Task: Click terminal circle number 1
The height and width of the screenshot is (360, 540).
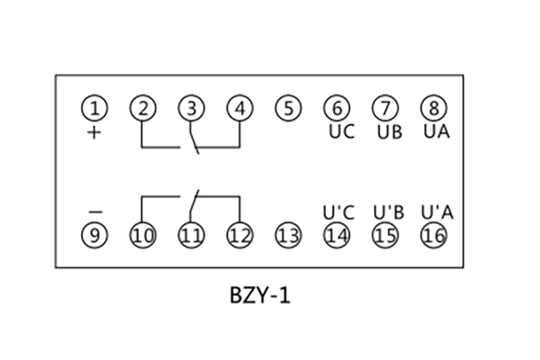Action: click(x=94, y=109)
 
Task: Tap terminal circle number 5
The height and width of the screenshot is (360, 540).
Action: click(x=287, y=109)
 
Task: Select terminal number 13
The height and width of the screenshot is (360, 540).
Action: click(x=287, y=237)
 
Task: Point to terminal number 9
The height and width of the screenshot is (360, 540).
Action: click(x=94, y=237)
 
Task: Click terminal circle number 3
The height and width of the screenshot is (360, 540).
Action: click(x=190, y=109)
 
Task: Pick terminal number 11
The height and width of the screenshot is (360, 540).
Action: click(x=190, y=237)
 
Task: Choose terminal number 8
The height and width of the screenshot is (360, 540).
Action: click(x=434, y=109)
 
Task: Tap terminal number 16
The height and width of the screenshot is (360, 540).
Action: click(x=434, y=237)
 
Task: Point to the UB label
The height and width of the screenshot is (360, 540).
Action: click(x=389, y=131)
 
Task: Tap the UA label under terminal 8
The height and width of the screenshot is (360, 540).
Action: click(x=436, y=131)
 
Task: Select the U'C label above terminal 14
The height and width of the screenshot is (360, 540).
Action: click(x=338, y=213)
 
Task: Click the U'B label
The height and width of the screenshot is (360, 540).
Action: click(x=387, y=213)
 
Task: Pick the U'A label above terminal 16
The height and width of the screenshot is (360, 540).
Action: click(x=436, y=213)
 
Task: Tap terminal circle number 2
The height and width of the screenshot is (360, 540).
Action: click(x=142, y=109)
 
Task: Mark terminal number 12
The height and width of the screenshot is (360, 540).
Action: click(x=238, y=237)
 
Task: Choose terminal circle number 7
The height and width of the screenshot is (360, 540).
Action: click(x=385, y=109)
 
